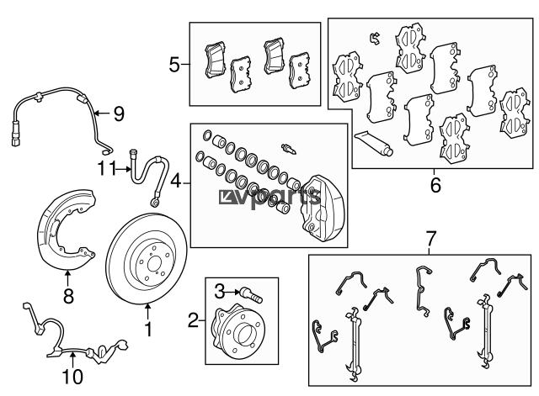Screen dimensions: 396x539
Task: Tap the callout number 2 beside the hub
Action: [193, 319]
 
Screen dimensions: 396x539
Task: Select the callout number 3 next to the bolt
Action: [218, 291]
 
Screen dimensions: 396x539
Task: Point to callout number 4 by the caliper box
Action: [175, 181]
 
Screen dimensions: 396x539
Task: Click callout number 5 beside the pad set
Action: [174, 63]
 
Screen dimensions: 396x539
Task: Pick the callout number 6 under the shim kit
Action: [435, 184]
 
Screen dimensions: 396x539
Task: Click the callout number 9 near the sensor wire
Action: [118, 111]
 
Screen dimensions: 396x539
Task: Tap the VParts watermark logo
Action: [270, 198]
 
